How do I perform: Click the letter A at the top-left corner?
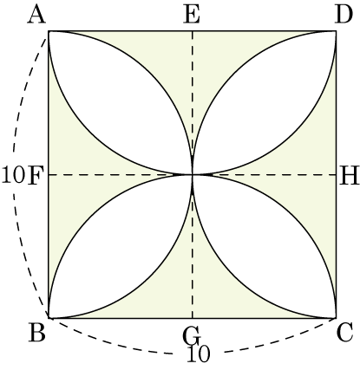36,15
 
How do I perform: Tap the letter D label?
344,15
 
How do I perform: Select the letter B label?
36,333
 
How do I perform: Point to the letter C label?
344,333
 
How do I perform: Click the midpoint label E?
192,15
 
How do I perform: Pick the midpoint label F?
36,176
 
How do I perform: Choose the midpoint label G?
191,335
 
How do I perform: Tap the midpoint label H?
349,176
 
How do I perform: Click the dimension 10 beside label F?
13,176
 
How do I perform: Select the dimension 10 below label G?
199,354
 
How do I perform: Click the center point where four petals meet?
193,175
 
